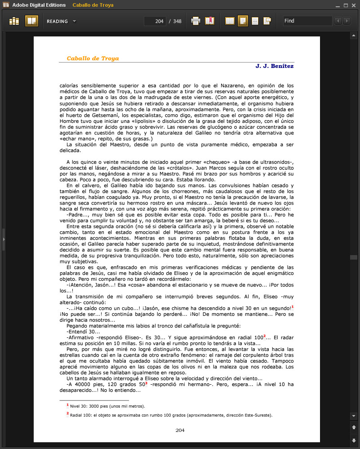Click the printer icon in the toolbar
tap(196, 21)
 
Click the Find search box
tap(307, 21)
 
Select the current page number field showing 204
tap(155, 21)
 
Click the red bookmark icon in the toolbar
tap(209, 21)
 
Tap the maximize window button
tap(346, 5)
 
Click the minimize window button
tap(338, 5)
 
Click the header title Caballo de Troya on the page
tap(93, 58)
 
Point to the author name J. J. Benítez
tap(275, 66)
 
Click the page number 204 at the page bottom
tap(180, 430)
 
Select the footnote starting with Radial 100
tap(171, 415)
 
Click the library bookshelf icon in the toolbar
tap(15, 21)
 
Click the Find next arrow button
tap(347, 21)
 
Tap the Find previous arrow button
tap(338, 21)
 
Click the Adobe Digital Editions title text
tap(39, 5)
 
